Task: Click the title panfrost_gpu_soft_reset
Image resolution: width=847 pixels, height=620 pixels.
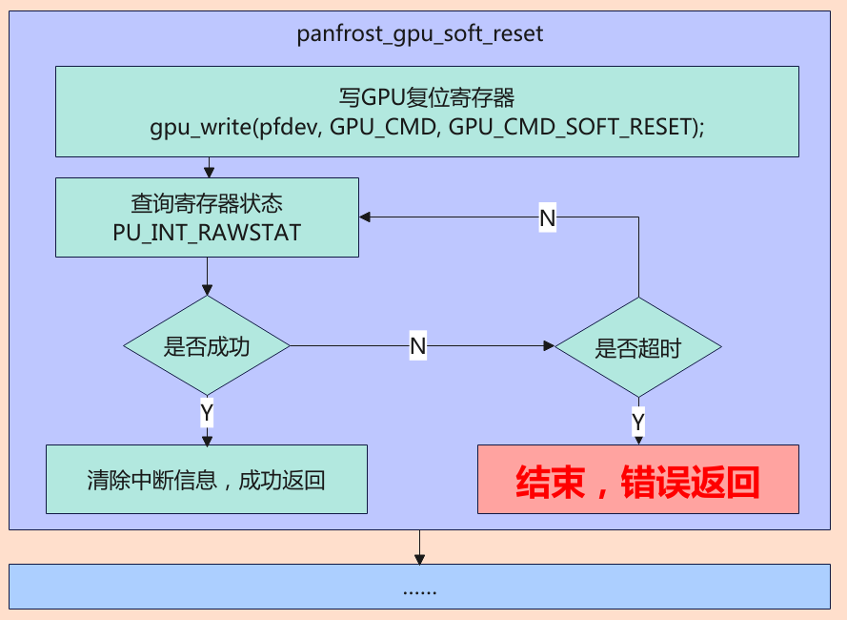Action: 420,34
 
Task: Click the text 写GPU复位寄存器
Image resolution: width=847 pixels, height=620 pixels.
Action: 427,97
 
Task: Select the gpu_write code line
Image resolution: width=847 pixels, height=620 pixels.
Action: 427,127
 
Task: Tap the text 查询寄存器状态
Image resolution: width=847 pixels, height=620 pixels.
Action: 207,203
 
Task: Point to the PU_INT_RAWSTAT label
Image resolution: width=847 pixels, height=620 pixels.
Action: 207,233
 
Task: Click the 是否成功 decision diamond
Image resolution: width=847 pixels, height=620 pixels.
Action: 207,345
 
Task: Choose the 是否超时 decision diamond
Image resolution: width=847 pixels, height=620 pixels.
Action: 638,347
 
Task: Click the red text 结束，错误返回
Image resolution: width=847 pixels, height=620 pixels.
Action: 638,482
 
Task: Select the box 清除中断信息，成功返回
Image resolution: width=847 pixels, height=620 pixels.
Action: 207,480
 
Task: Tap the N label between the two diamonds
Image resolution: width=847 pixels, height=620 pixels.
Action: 418,345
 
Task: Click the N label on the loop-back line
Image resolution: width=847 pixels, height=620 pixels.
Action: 548,217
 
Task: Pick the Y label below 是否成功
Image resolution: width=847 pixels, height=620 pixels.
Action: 207,413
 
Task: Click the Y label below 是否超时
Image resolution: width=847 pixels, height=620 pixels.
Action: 638,422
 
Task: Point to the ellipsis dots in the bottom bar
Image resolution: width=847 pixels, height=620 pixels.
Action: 420,592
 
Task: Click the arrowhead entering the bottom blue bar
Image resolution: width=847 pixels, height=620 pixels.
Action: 420,559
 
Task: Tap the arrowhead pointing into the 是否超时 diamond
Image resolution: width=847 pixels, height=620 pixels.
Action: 550,345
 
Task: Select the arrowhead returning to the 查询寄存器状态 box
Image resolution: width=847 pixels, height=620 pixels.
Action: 365,217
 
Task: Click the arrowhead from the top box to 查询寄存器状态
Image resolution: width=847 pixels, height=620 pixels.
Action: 209,172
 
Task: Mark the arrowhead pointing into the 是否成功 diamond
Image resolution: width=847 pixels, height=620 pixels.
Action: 207,290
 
